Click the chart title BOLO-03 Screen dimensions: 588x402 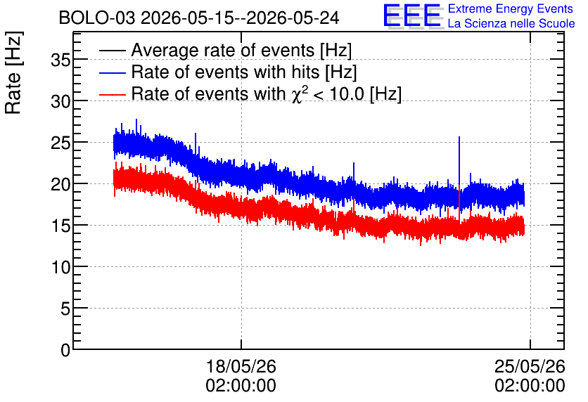pyautogui.click(x=96, y=18)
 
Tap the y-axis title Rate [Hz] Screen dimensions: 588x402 pyautogui.click(x=13, y=72)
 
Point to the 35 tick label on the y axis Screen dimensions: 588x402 pyautogui.click(x=60, y=60)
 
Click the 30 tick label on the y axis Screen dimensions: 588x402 pyautogui.click(x=60, y=101)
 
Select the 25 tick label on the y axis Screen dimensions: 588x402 pyautogui.click(x=60, y=143)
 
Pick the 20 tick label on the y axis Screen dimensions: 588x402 pyautogui.click(x=60, y=184)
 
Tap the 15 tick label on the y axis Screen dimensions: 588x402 pyautogui.click(x=60, y=226)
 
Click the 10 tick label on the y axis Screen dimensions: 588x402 pyautogui.click(x=60, y=268)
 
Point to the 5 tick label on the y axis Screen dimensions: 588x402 pyautogui.click(x=65, y=309)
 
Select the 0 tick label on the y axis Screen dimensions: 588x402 pyautogui.click(x=65, y=350)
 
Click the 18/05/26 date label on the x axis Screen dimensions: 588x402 pyautogui.click(x=241, y=366)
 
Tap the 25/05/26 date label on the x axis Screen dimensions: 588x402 pyautogui.click(x=530, y=366)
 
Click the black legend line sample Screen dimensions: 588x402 pyautogui.click(x=112, y=50)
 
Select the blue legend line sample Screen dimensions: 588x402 pyautogui.click(x=112, y=72)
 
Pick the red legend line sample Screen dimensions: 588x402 pyautogui.click(x=112, y=94)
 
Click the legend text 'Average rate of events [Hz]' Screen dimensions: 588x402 pyautogui.click(x=241, y=50)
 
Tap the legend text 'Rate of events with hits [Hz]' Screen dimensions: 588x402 pyautogui.click(x=244, y=72)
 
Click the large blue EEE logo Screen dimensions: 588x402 pyautogui.click(x=412, y=16)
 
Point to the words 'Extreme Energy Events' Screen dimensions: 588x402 pyautogui.click(x=511, y=9)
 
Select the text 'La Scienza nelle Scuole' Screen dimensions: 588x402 pyautogui.click(x=511, y=24)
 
